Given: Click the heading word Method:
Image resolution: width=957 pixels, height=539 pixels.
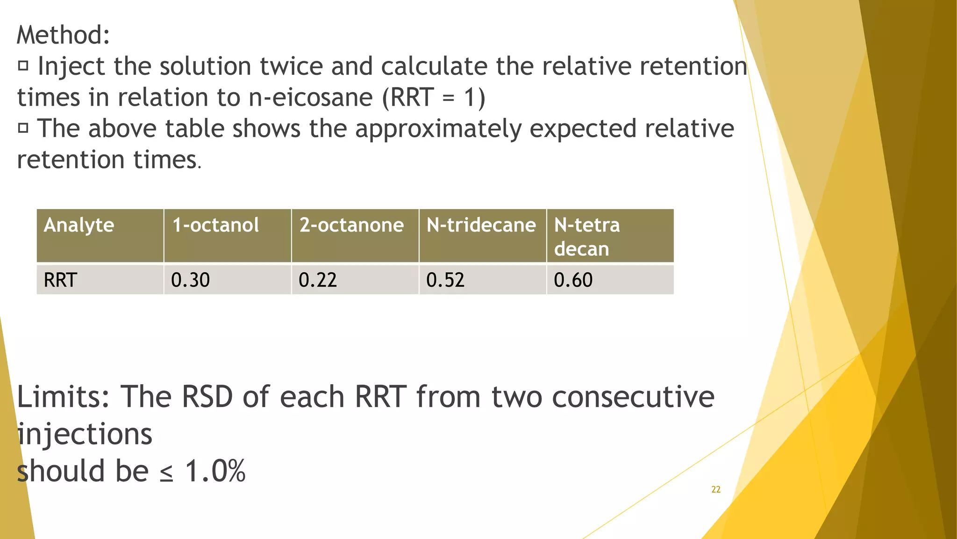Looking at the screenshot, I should tap(63, 35).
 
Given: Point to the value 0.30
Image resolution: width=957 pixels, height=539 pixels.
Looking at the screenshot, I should tap(190, 280).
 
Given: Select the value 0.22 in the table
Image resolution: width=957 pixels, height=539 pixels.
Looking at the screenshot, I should tap(318, 280).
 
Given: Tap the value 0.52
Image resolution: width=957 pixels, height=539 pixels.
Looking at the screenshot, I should tap(445, 280).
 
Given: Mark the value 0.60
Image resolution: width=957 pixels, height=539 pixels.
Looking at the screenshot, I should tap(573, 280).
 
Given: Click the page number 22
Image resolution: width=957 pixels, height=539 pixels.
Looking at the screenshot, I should tap(715, 489).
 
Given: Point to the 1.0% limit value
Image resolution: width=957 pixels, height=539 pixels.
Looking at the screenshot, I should tap(215, 471).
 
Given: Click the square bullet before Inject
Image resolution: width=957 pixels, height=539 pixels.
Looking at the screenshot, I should tap(23, 66).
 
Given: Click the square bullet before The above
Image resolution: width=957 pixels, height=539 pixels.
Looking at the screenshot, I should tap(23, 128).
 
